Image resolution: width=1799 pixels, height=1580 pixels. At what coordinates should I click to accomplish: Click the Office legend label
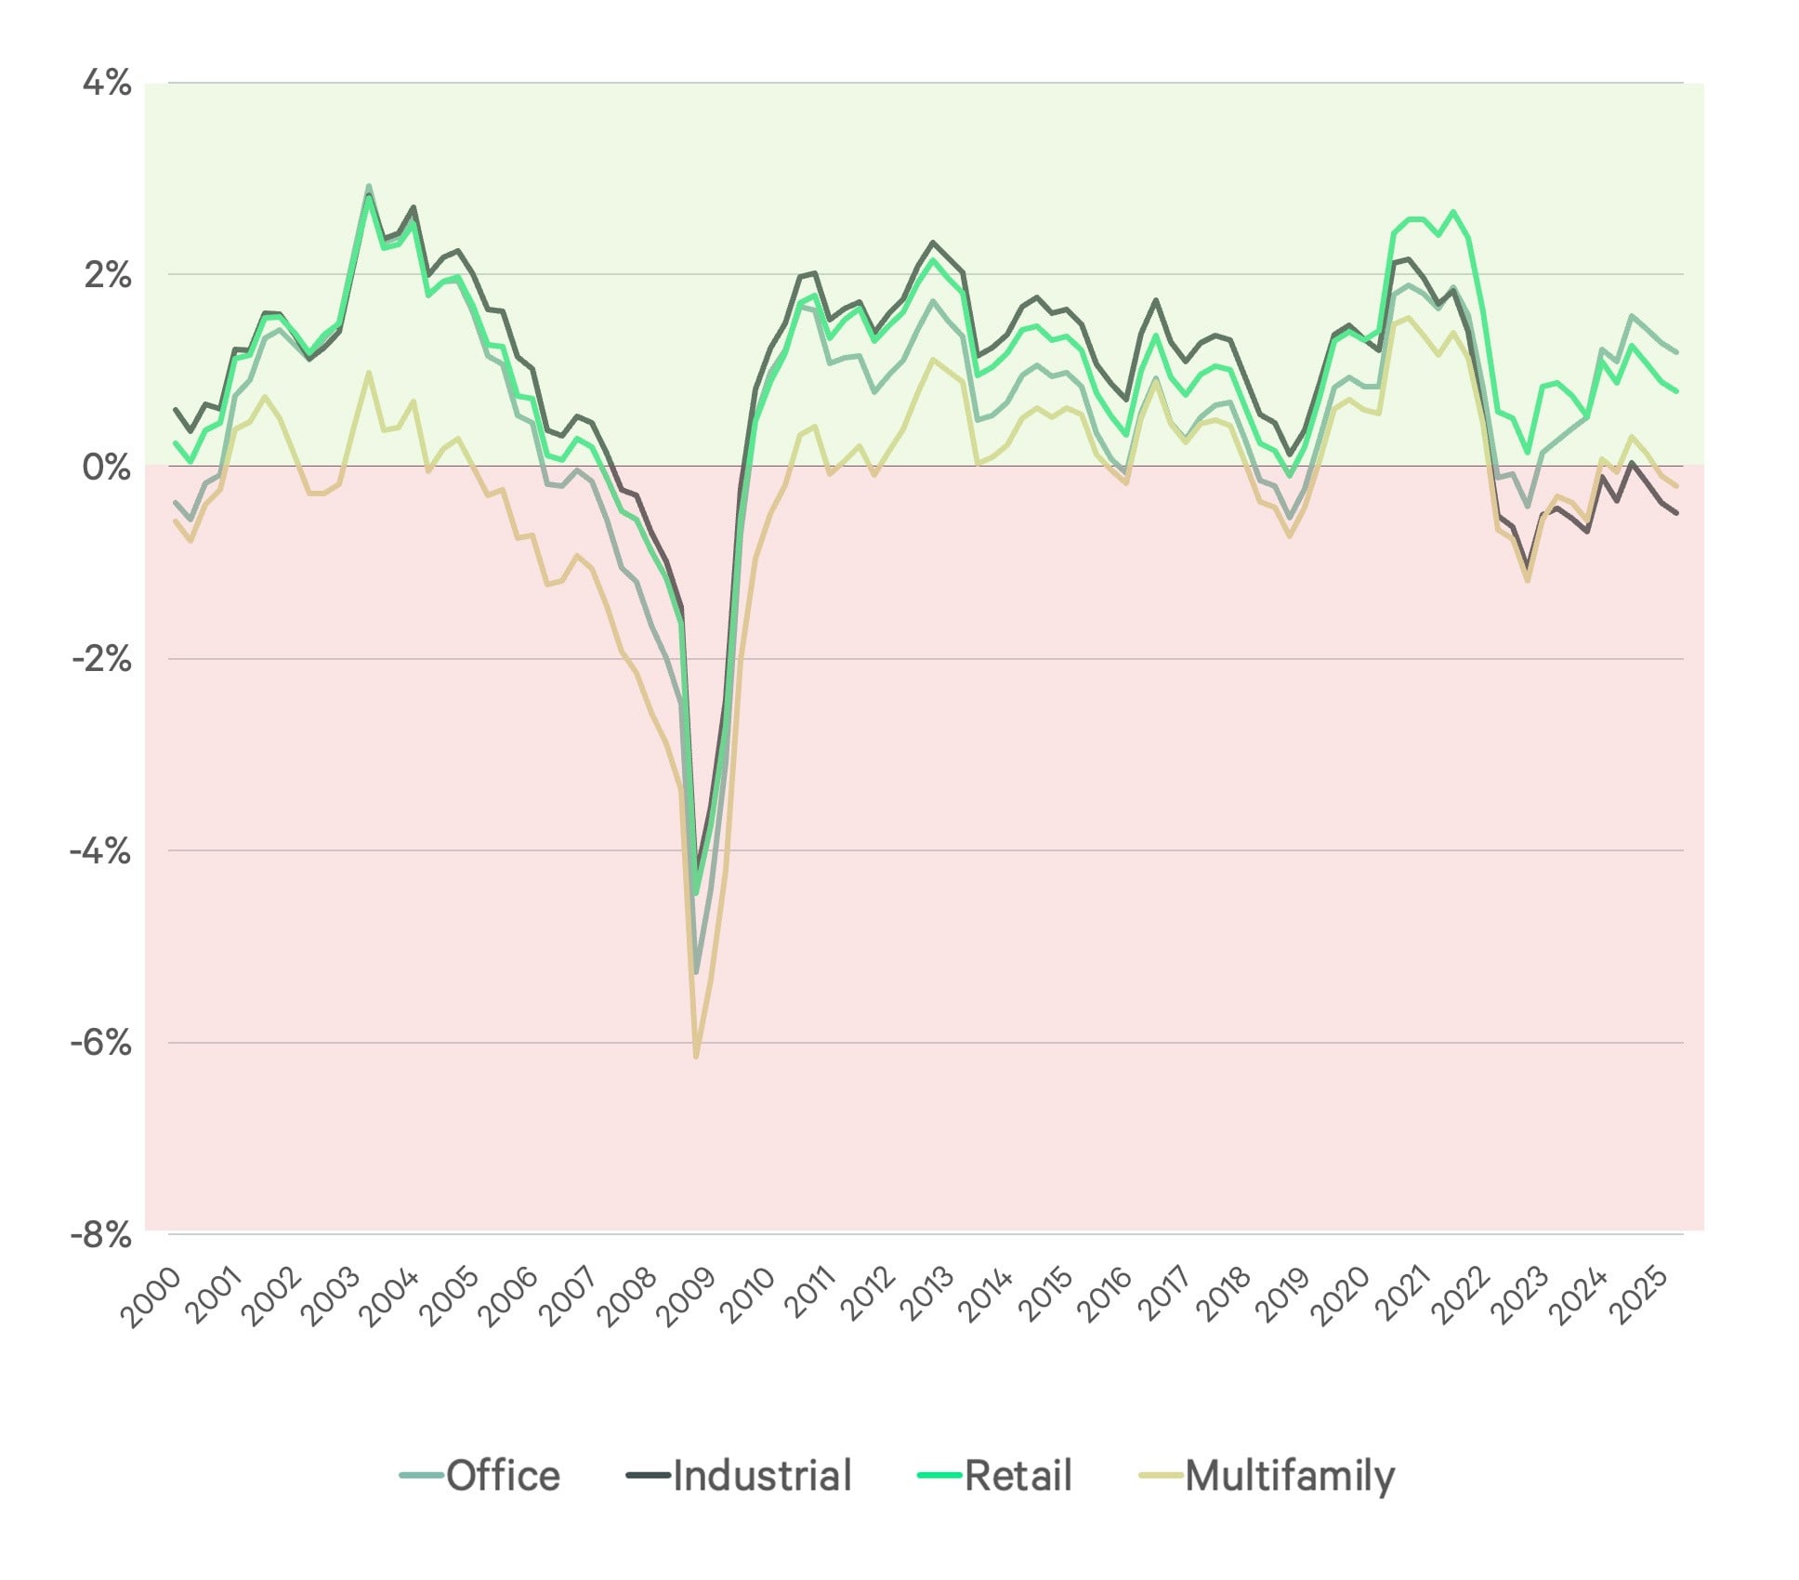503,1475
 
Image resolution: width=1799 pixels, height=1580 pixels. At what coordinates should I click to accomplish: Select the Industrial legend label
761,1475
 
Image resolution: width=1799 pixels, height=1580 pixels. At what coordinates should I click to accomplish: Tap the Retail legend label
1018,1475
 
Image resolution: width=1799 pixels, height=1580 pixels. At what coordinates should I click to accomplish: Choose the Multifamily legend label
1290,1475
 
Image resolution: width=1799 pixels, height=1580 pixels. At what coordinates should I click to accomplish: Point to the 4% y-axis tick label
107,84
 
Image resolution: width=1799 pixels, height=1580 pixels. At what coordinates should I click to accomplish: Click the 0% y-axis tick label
106,467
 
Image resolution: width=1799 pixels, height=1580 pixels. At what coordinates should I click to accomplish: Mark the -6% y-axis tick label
100,1043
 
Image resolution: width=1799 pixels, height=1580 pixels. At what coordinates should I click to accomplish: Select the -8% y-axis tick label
100,1236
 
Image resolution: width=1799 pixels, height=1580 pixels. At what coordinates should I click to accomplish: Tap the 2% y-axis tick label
107,275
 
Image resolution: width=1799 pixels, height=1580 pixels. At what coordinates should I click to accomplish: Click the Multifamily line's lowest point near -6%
695,1057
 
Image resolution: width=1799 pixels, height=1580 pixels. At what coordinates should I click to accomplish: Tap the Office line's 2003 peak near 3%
369,186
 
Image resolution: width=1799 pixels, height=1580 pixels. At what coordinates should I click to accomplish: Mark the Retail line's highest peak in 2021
1453,212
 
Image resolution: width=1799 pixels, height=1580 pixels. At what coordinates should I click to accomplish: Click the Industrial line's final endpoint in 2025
1676,513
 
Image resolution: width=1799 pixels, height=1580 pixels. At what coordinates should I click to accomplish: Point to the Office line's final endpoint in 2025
1676,352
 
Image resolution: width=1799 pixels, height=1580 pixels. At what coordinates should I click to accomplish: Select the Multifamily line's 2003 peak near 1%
369,373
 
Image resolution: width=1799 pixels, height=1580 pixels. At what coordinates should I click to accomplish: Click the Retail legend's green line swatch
939,1475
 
